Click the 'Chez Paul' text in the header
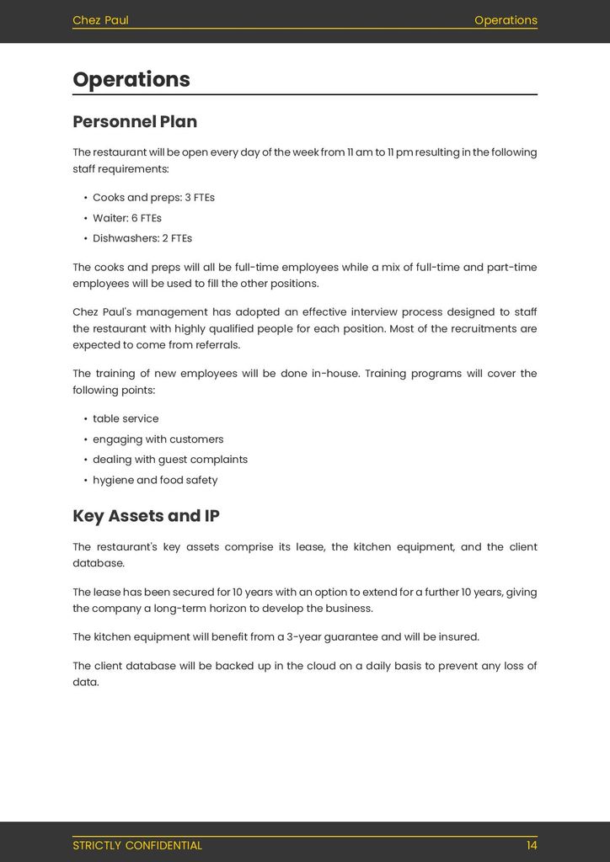(x=100, y=20)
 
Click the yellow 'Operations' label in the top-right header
(x=506, y=20)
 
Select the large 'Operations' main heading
(x=131, y=80)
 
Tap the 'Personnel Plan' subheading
(x=135, y=122)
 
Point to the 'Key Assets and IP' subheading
(x=146, y=516)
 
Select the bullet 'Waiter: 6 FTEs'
(x=126, y=218)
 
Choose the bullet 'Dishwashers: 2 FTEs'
(x=142, y=238)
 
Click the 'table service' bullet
(x=126, y=419)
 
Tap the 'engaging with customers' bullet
(x=158, y=439)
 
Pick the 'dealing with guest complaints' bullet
(x=170, y=460)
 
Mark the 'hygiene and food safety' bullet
(x=155, y=481)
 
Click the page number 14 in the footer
(x=532, y=845)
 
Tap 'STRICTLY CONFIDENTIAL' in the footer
(x=137, y=845)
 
